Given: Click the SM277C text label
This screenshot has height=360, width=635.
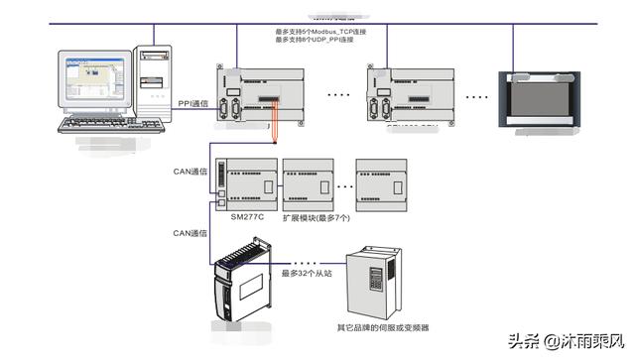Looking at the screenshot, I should click(x=248, y=216).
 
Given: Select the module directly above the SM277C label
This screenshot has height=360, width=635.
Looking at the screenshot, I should click(x=248, y=182).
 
